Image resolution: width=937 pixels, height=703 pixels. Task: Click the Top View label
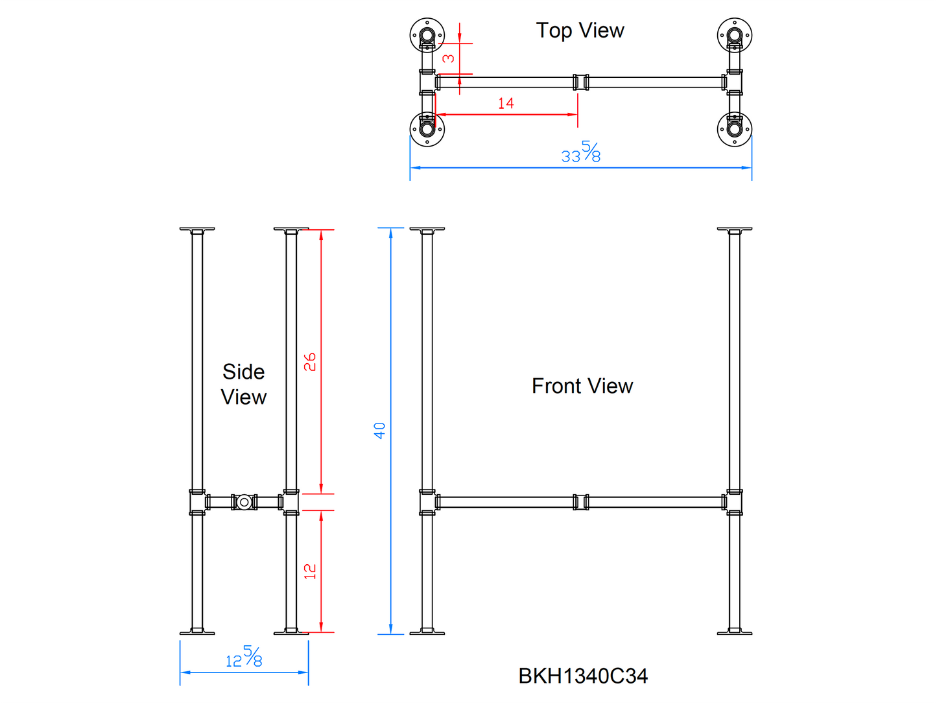pyautogui.click(x=580, y=30)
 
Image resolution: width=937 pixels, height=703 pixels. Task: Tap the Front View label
pyautogui.click(x=582, y=386)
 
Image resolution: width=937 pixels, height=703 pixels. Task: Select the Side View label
pyautogui.click(x=243, y=384)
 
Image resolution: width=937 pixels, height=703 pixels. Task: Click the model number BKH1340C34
pyautogui.click(x=582, y=676)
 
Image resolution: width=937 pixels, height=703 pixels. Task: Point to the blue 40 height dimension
pyautogui.click(x=380, y=430)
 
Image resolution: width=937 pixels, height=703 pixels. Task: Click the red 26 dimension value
pyautogui.click(x=311, y=361)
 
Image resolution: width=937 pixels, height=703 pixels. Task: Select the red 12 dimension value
pyautogui.click(x=311, y=571)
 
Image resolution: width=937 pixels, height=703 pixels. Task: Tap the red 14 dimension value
pyautogui.click(x=506, y=103)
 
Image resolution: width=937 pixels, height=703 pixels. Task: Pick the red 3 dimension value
pyautogui.click(x=448, y=58)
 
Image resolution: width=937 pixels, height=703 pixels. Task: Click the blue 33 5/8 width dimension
pyautogui.click(x=581, y=152)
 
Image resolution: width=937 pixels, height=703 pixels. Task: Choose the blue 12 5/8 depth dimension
pyautogui.click(x=244, y=657)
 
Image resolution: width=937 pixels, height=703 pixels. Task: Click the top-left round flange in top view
pyautogui.click(x=427, y=34)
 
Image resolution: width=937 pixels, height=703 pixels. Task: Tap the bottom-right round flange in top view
pyautogui.click(x=735, y=128)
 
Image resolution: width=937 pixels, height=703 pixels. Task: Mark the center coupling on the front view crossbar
pyautogui.click(x=581, y=502)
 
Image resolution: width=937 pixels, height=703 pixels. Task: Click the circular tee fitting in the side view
pyautogui.click(x=244, y=502)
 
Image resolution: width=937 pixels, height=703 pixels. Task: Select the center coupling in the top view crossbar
pyautogui.click(x=581, y=82)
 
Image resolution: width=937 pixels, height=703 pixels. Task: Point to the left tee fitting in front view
pyautogui.click(x=427, y=502)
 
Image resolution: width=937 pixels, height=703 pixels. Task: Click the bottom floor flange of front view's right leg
pyautogui.click(x=735, y=631)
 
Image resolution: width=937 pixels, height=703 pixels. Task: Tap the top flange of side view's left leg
pyautogui.click(x=197, y=230)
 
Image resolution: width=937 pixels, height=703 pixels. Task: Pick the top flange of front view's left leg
pyautogui.click(x=427, y=230)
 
